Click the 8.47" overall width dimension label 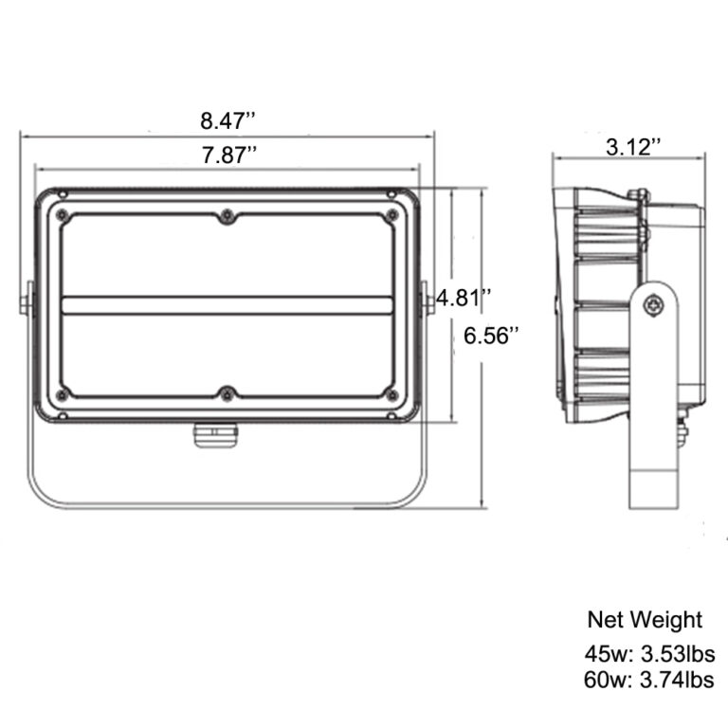(228, 120)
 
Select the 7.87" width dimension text (228, 156)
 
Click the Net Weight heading (645, 620)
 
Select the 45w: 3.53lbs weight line (649, 653)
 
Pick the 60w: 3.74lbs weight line (649, 679)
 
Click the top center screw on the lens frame (227, 216)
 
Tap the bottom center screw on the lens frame (227, 392)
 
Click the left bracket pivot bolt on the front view (26, 302)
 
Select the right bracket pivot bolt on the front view (428, 301)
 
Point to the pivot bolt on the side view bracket (653, 305)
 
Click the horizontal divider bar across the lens (227, 304)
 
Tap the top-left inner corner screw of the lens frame (64, 216)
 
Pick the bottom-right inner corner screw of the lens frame (390, 392)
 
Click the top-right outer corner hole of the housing (391, 195)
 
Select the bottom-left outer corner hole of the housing (63, 415)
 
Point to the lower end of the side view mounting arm (653, 493)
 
